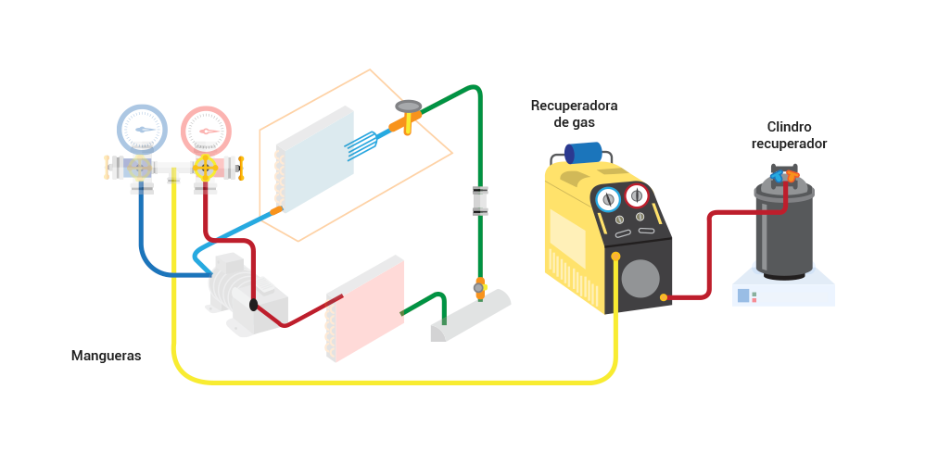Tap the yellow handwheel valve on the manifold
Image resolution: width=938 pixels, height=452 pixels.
[205, 168]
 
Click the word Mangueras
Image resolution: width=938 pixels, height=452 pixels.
[107, 356]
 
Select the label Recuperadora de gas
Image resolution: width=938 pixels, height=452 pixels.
[575, 114]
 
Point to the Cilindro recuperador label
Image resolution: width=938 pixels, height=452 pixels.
[789, 135]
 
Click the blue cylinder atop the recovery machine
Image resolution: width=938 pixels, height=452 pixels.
[583, 153]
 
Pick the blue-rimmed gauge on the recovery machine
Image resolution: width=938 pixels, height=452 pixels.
[608, 199]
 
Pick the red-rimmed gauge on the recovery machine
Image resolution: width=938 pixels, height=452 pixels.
[637, 195]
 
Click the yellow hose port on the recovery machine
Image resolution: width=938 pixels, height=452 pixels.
[615, 257]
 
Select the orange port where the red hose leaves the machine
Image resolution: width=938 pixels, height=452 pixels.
[664, 297]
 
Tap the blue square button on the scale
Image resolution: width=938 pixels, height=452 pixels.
[743, 295]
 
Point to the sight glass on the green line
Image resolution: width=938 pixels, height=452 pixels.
[480, 201]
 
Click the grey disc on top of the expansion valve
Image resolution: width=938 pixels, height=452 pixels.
[409, 107]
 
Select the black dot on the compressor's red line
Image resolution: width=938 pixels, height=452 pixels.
[254, 305]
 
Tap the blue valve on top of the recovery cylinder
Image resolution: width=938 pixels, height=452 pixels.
[777, 176]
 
